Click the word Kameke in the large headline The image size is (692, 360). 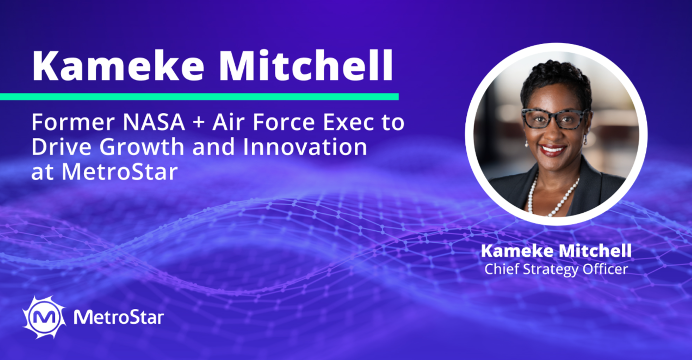pyautogui.click(x=118, y=66)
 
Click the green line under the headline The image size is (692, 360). pyautogui.click(x=199, y=97)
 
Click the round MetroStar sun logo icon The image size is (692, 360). pyautogui.click(x=44, y=317)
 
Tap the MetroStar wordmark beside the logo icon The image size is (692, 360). pyautogui.click(x=118, y=317)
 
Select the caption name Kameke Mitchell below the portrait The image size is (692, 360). pyautogui.click(x=556, y=251)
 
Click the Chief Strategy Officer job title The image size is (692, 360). pyautogui.click(x=556, y=269)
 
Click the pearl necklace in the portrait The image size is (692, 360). pyautogui.click(x=552, y=194)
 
